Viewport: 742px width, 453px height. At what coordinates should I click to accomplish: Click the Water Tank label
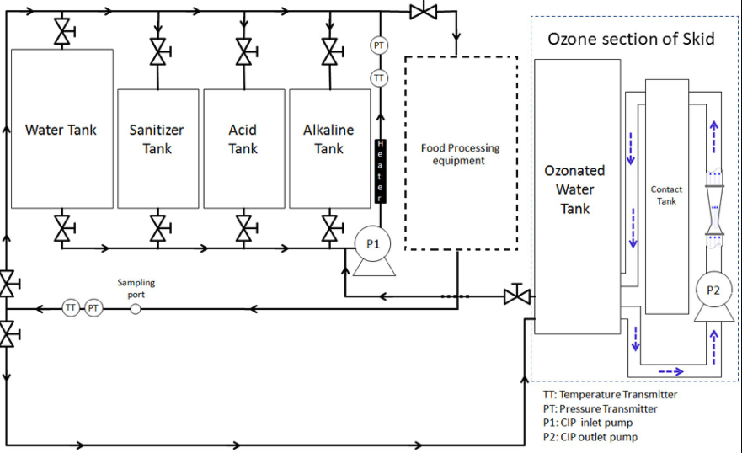61,130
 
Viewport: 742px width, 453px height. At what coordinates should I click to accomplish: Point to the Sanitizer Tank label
157,139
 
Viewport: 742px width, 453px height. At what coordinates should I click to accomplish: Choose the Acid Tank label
243,139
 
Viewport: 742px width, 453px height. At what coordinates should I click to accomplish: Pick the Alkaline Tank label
328,139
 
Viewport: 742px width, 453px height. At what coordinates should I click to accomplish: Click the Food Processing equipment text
460,154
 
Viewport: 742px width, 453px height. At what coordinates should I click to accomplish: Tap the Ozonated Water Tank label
575,189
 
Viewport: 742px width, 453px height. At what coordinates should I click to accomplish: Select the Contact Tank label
666,195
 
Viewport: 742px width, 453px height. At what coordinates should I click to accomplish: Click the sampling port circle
136,308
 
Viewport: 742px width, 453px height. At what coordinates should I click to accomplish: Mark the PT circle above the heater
380,45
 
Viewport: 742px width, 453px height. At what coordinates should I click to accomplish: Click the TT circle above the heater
380,77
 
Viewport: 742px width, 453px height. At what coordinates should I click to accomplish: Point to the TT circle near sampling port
71,308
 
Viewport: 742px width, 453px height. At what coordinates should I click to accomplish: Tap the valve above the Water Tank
62,32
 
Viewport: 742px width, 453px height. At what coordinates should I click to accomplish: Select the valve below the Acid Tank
243,226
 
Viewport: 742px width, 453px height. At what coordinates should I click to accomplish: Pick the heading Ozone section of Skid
631,39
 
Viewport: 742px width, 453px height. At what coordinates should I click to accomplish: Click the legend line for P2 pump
590,437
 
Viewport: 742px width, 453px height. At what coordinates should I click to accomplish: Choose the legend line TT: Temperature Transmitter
611,394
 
